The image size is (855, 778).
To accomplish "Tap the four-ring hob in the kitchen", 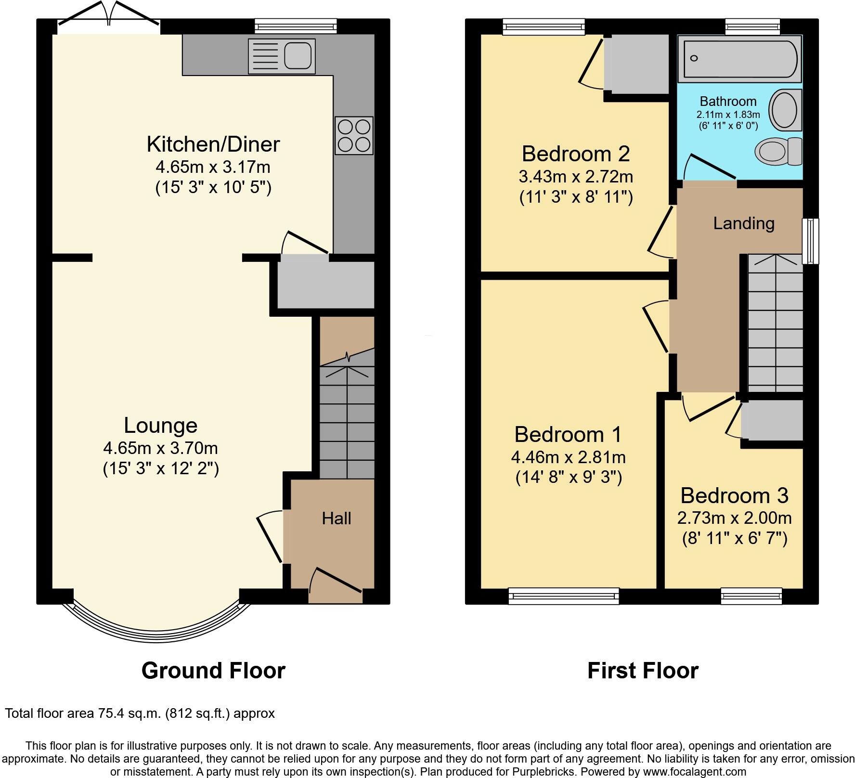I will pyautogui.click(x=354, y=136).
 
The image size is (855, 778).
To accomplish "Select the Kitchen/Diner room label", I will pyautogui.click(x=213, y=144).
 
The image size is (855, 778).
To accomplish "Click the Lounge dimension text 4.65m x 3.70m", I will pyautogui.click(x=160, y=448).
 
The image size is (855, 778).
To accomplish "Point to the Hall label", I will pyautogui.click(x=337, y=519).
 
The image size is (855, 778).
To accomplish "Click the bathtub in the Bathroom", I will pyautogui.click(x=739, y=60).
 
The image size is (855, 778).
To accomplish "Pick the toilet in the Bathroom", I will pyautogui.click(x=777, y=151).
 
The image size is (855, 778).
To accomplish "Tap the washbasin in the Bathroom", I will pyautogui.click(x=785, y=110).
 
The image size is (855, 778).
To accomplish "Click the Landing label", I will pyautogui.click(x=743, y=223).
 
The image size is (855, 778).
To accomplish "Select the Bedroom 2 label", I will pyautogui.click(x=575, y=154).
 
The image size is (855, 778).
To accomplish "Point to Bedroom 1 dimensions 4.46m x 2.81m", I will pyautogui.click(x=568, y=457).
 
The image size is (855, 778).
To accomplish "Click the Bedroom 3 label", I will pyautogui.click(x=734, y=495).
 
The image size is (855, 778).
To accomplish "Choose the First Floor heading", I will pyautogui.click(x=643, y=671).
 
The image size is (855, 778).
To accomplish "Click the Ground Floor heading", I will pyautogui.click(x=213, y=671).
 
